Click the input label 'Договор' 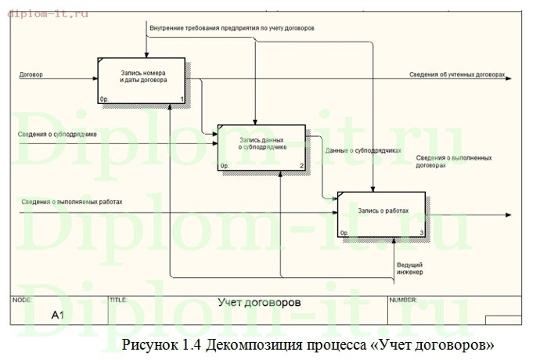(32, 74)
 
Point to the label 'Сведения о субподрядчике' (58, 134)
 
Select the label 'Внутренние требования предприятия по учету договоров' (232, 28)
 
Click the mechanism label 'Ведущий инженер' (410, 268)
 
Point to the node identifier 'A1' (57, 315)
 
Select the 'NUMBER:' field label (403, 299)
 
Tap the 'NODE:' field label (23, 299)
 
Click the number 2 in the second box (302, 166)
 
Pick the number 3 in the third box (422, 232)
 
